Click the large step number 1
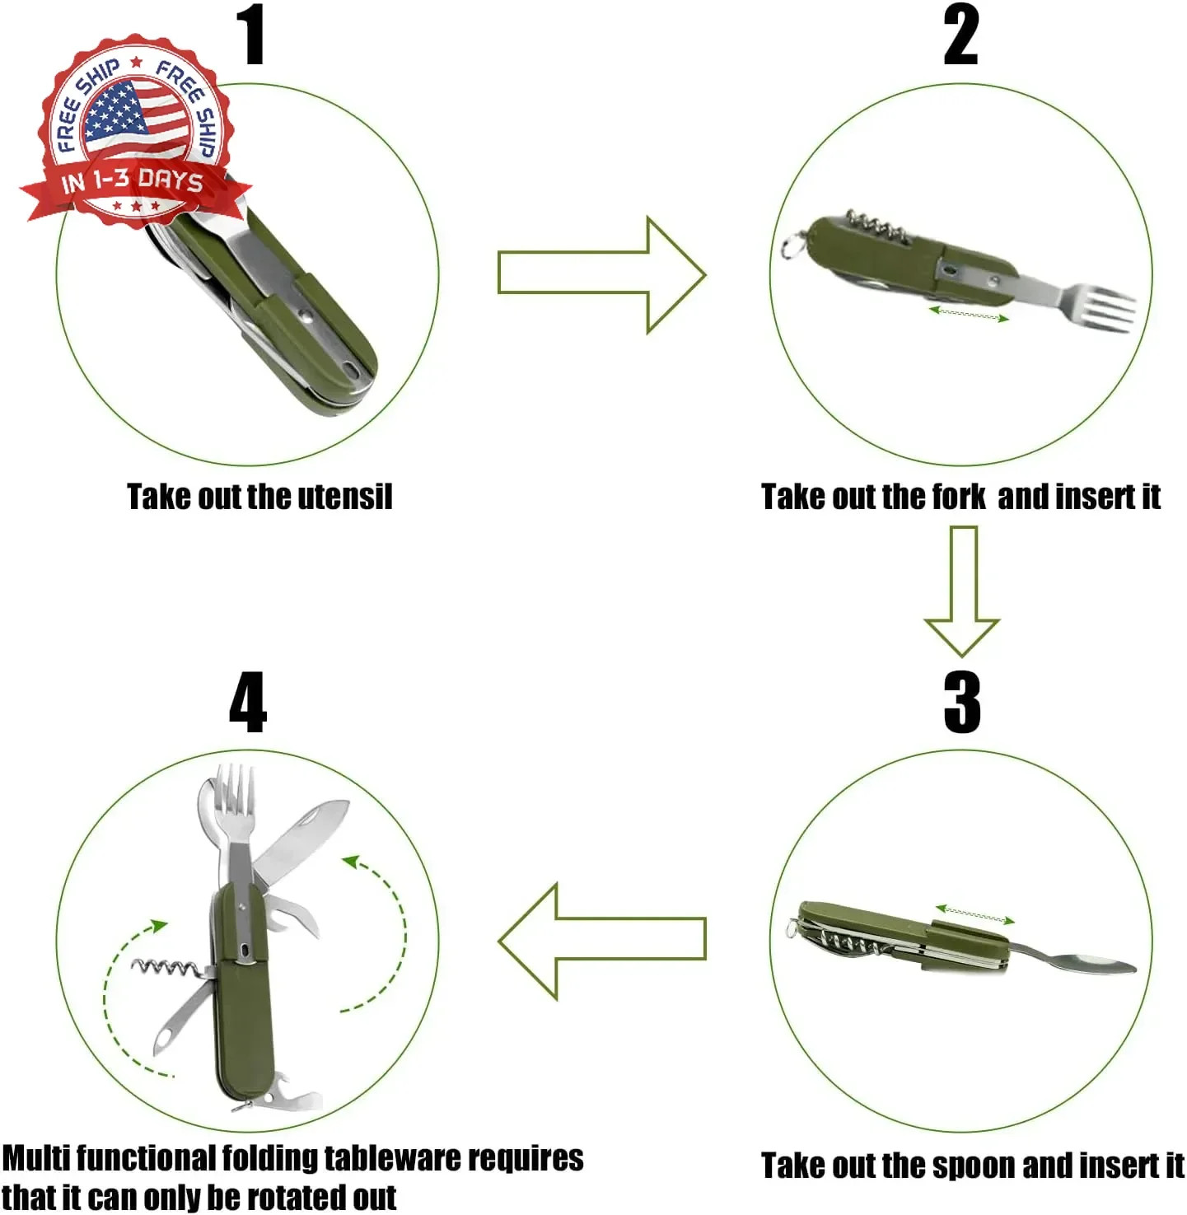click(251, 35)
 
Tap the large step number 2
click(960, 35)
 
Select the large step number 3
click(961, 702)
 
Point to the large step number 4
click(248, 702)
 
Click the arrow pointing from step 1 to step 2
click(602, 275)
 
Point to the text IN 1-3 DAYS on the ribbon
click(133, 181)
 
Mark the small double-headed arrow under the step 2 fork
click(969, 314)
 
